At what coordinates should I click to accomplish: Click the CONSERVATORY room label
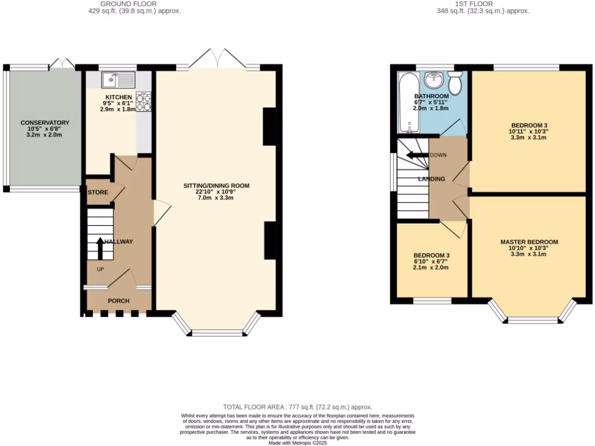45,123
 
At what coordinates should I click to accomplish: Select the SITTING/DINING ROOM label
216,186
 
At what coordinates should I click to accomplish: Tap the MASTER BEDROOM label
529,242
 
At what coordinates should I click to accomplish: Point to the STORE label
98,192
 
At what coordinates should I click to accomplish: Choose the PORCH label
119,301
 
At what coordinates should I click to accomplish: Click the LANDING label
431,179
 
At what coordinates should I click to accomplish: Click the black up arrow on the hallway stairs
99,247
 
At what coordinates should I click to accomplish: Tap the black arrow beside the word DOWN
417,155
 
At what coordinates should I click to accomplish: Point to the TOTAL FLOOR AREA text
297,407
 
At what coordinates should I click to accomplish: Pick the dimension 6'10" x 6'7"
431,261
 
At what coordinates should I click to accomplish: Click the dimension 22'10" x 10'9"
216,192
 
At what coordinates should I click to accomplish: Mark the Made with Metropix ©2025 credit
297,443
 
